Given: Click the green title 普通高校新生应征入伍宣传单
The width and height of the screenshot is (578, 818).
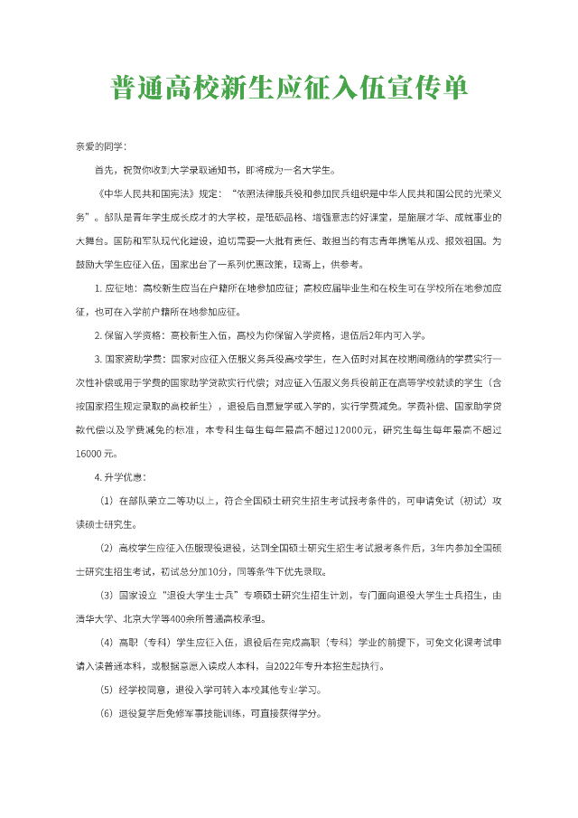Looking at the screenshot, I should tap(289, 89).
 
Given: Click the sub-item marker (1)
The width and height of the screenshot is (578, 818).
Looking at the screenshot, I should tap(106, 500).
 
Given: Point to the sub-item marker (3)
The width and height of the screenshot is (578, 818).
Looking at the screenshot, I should tap(106, 595).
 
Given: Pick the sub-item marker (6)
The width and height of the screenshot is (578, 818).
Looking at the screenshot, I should tap(106, 713).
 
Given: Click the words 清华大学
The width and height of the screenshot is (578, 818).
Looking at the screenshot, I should tap(93, 618).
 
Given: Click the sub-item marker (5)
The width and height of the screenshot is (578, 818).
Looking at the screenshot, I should tap(106, 690).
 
